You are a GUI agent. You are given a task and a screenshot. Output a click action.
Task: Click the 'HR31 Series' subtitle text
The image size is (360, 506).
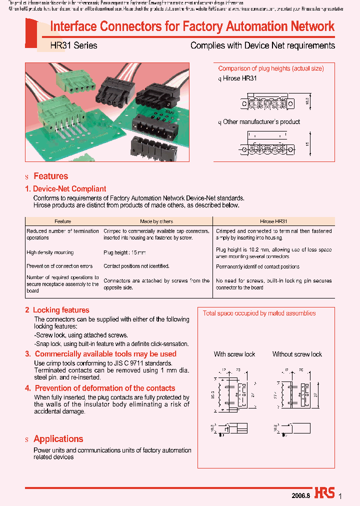73,45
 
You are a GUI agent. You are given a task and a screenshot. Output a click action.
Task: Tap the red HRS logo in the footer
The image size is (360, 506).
324,492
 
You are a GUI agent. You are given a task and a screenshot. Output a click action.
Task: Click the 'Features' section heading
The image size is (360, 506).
50,176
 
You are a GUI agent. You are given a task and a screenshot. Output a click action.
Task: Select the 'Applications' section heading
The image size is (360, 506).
58,439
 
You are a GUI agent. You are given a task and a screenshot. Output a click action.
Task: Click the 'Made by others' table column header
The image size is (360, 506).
156,221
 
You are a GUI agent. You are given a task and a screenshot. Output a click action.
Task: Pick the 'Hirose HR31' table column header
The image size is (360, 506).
273,221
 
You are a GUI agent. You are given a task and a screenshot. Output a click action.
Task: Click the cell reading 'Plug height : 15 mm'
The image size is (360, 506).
124,253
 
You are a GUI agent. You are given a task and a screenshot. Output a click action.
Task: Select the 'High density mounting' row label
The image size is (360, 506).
50,253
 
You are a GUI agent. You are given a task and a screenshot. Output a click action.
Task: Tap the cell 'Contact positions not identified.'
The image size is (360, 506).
136,266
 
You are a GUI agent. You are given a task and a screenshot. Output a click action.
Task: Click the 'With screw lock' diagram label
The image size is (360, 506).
234,354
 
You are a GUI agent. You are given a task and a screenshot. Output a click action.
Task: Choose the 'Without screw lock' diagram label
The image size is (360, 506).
297,354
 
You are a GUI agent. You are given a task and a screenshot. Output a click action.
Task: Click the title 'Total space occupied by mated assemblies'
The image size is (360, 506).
259,313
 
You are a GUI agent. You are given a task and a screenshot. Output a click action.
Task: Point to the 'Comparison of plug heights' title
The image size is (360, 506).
271,68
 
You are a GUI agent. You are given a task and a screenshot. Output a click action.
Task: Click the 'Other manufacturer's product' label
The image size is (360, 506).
261,122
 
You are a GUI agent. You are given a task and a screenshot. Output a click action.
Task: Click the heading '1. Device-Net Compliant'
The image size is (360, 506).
65,189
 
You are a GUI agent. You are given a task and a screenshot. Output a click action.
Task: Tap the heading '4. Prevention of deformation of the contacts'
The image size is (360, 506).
100,388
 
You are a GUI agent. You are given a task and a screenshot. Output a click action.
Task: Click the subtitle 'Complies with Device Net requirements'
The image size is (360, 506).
262,45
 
